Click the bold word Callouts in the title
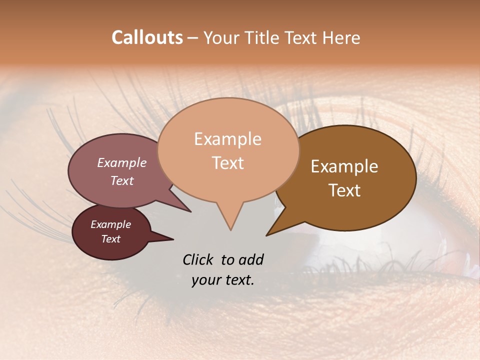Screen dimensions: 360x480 click(147, 37)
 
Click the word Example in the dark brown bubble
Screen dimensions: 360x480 click(344, 166)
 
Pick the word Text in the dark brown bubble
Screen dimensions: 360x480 click(344, 190)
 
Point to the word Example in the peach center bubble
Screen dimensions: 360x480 click(227, 139)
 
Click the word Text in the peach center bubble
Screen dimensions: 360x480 click(227, 163)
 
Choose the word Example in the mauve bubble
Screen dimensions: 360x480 click(121, 163)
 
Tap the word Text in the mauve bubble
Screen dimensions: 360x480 click(121, 180)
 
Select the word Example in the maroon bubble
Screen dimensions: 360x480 click(110, 224)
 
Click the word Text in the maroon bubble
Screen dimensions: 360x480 click(110, 239)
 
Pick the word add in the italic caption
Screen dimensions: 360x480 click(251, 260)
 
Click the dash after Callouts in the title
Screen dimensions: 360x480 click(192, 37)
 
